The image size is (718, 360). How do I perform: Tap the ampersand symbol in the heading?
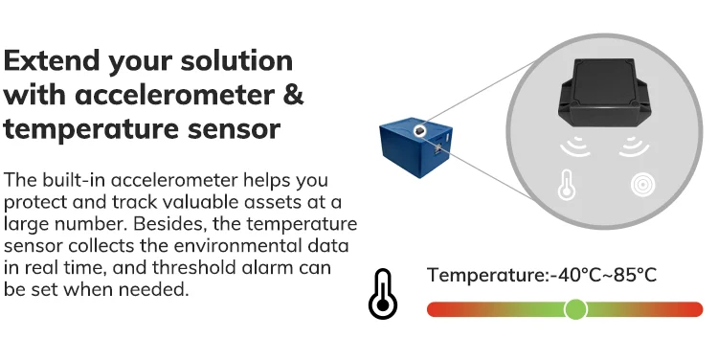(294, 95)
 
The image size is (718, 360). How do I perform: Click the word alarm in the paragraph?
(303, 267)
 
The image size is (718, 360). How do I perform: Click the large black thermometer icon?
(382, 294)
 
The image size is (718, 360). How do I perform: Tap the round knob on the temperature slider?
(575, 308)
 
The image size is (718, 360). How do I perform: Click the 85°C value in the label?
(636, 275)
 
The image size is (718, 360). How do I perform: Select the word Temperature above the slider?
(486, 275)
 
